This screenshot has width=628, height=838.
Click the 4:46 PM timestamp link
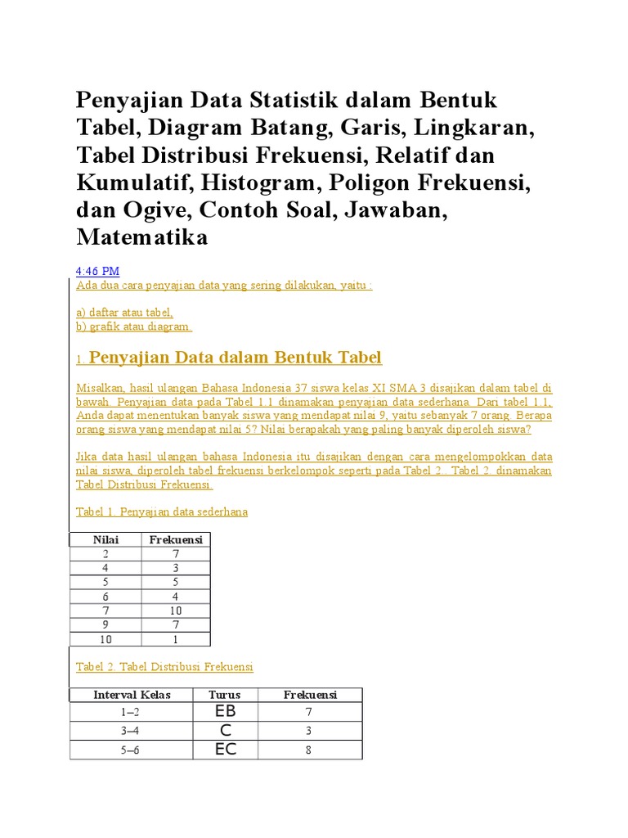pos(98,271)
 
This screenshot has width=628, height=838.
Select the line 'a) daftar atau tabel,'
pos(124,312)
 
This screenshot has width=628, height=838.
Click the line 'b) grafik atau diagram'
pos(133,327)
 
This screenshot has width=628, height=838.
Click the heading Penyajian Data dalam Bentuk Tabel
pos(235,358)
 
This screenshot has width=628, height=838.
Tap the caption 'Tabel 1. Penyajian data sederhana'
pos(162,511)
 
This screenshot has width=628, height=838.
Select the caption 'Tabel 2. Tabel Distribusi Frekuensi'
pos(164,667)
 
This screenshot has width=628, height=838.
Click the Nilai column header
pos(106,539)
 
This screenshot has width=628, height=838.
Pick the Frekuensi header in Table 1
pos(175,539)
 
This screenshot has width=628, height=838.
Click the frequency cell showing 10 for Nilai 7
pos(175,610)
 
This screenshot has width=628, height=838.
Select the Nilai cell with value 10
pos(106,639)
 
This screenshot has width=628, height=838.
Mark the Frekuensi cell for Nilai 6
pos(175,597)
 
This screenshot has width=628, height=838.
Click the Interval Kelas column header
pos(132,695)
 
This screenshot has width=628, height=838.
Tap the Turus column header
pos(224,695)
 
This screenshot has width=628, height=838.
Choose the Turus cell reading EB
pos(225,712)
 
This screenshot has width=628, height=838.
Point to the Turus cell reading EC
pos(225,750)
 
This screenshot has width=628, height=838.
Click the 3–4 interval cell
pos(132,731)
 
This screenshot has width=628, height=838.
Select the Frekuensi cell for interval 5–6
pos(309,750)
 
